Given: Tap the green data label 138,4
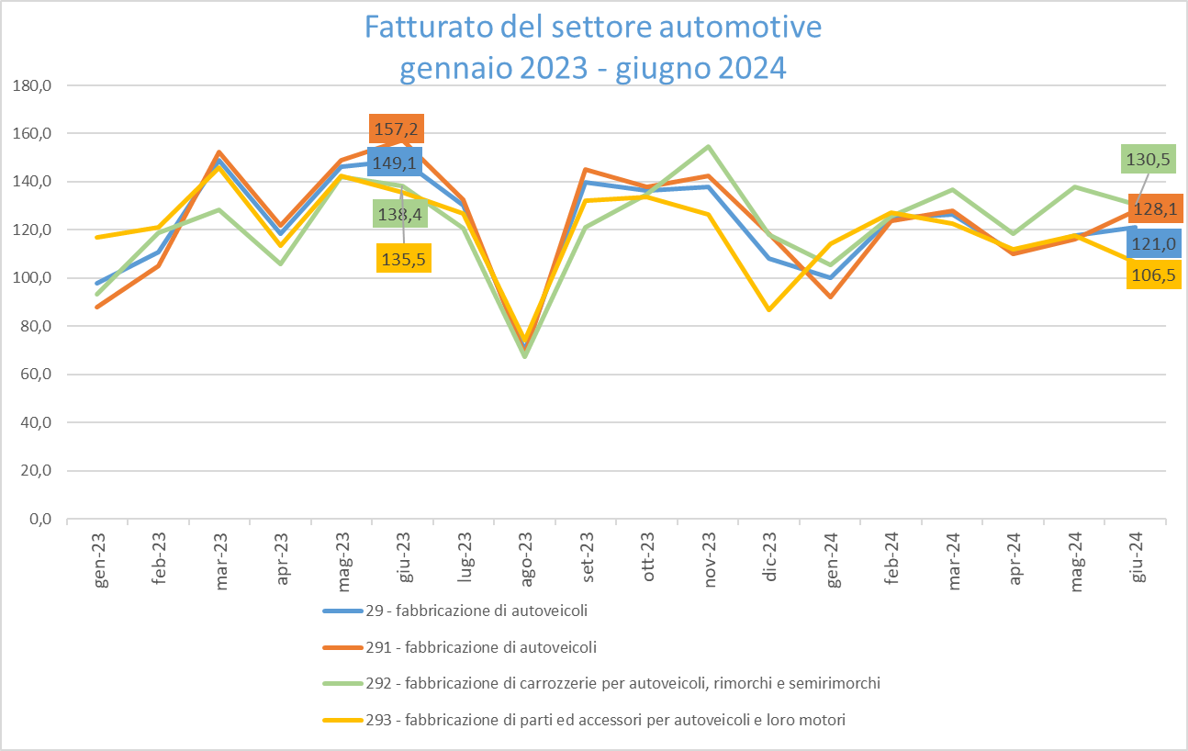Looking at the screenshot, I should pos(399,214).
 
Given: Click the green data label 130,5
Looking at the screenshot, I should pos(1148,159).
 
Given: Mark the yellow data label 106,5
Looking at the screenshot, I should pos(1153,275).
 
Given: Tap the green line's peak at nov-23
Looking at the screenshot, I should pos(710,146).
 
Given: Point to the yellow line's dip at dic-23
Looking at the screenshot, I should pos(769,309).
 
